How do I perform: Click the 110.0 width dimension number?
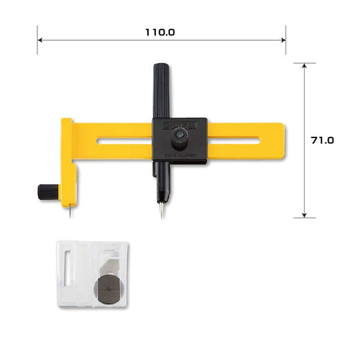click(x=161, y=32)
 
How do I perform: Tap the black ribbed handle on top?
click(x=161, y=90)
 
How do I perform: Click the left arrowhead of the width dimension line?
click(x=40, y=41)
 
